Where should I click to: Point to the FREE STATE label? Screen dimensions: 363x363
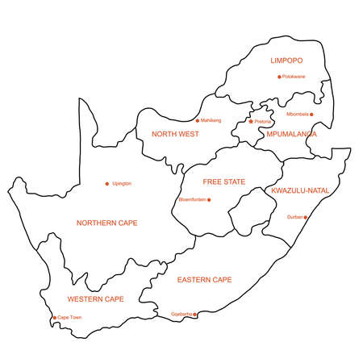point(224,182)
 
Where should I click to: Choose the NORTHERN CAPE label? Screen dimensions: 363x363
point(106,223)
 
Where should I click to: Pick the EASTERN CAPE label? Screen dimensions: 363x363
point(204,280)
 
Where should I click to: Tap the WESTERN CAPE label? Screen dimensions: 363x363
point(95,299)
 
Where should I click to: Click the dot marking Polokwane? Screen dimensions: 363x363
point(279,77)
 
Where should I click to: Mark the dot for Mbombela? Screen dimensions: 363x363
point(311,115)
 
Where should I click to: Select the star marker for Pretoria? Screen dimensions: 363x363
point(251,122)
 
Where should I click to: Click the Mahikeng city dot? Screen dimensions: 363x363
point(197,121)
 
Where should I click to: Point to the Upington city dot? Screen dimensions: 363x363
point(107,184)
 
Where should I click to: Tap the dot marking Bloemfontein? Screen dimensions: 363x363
point(209,200)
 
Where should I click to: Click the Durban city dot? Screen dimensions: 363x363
point(305,217)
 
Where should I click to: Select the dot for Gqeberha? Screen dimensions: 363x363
point(194,315)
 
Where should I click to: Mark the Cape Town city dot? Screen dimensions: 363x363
point(54,318)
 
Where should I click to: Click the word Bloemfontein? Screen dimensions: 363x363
point(192,200)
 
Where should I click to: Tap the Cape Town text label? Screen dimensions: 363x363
point(69,318)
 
